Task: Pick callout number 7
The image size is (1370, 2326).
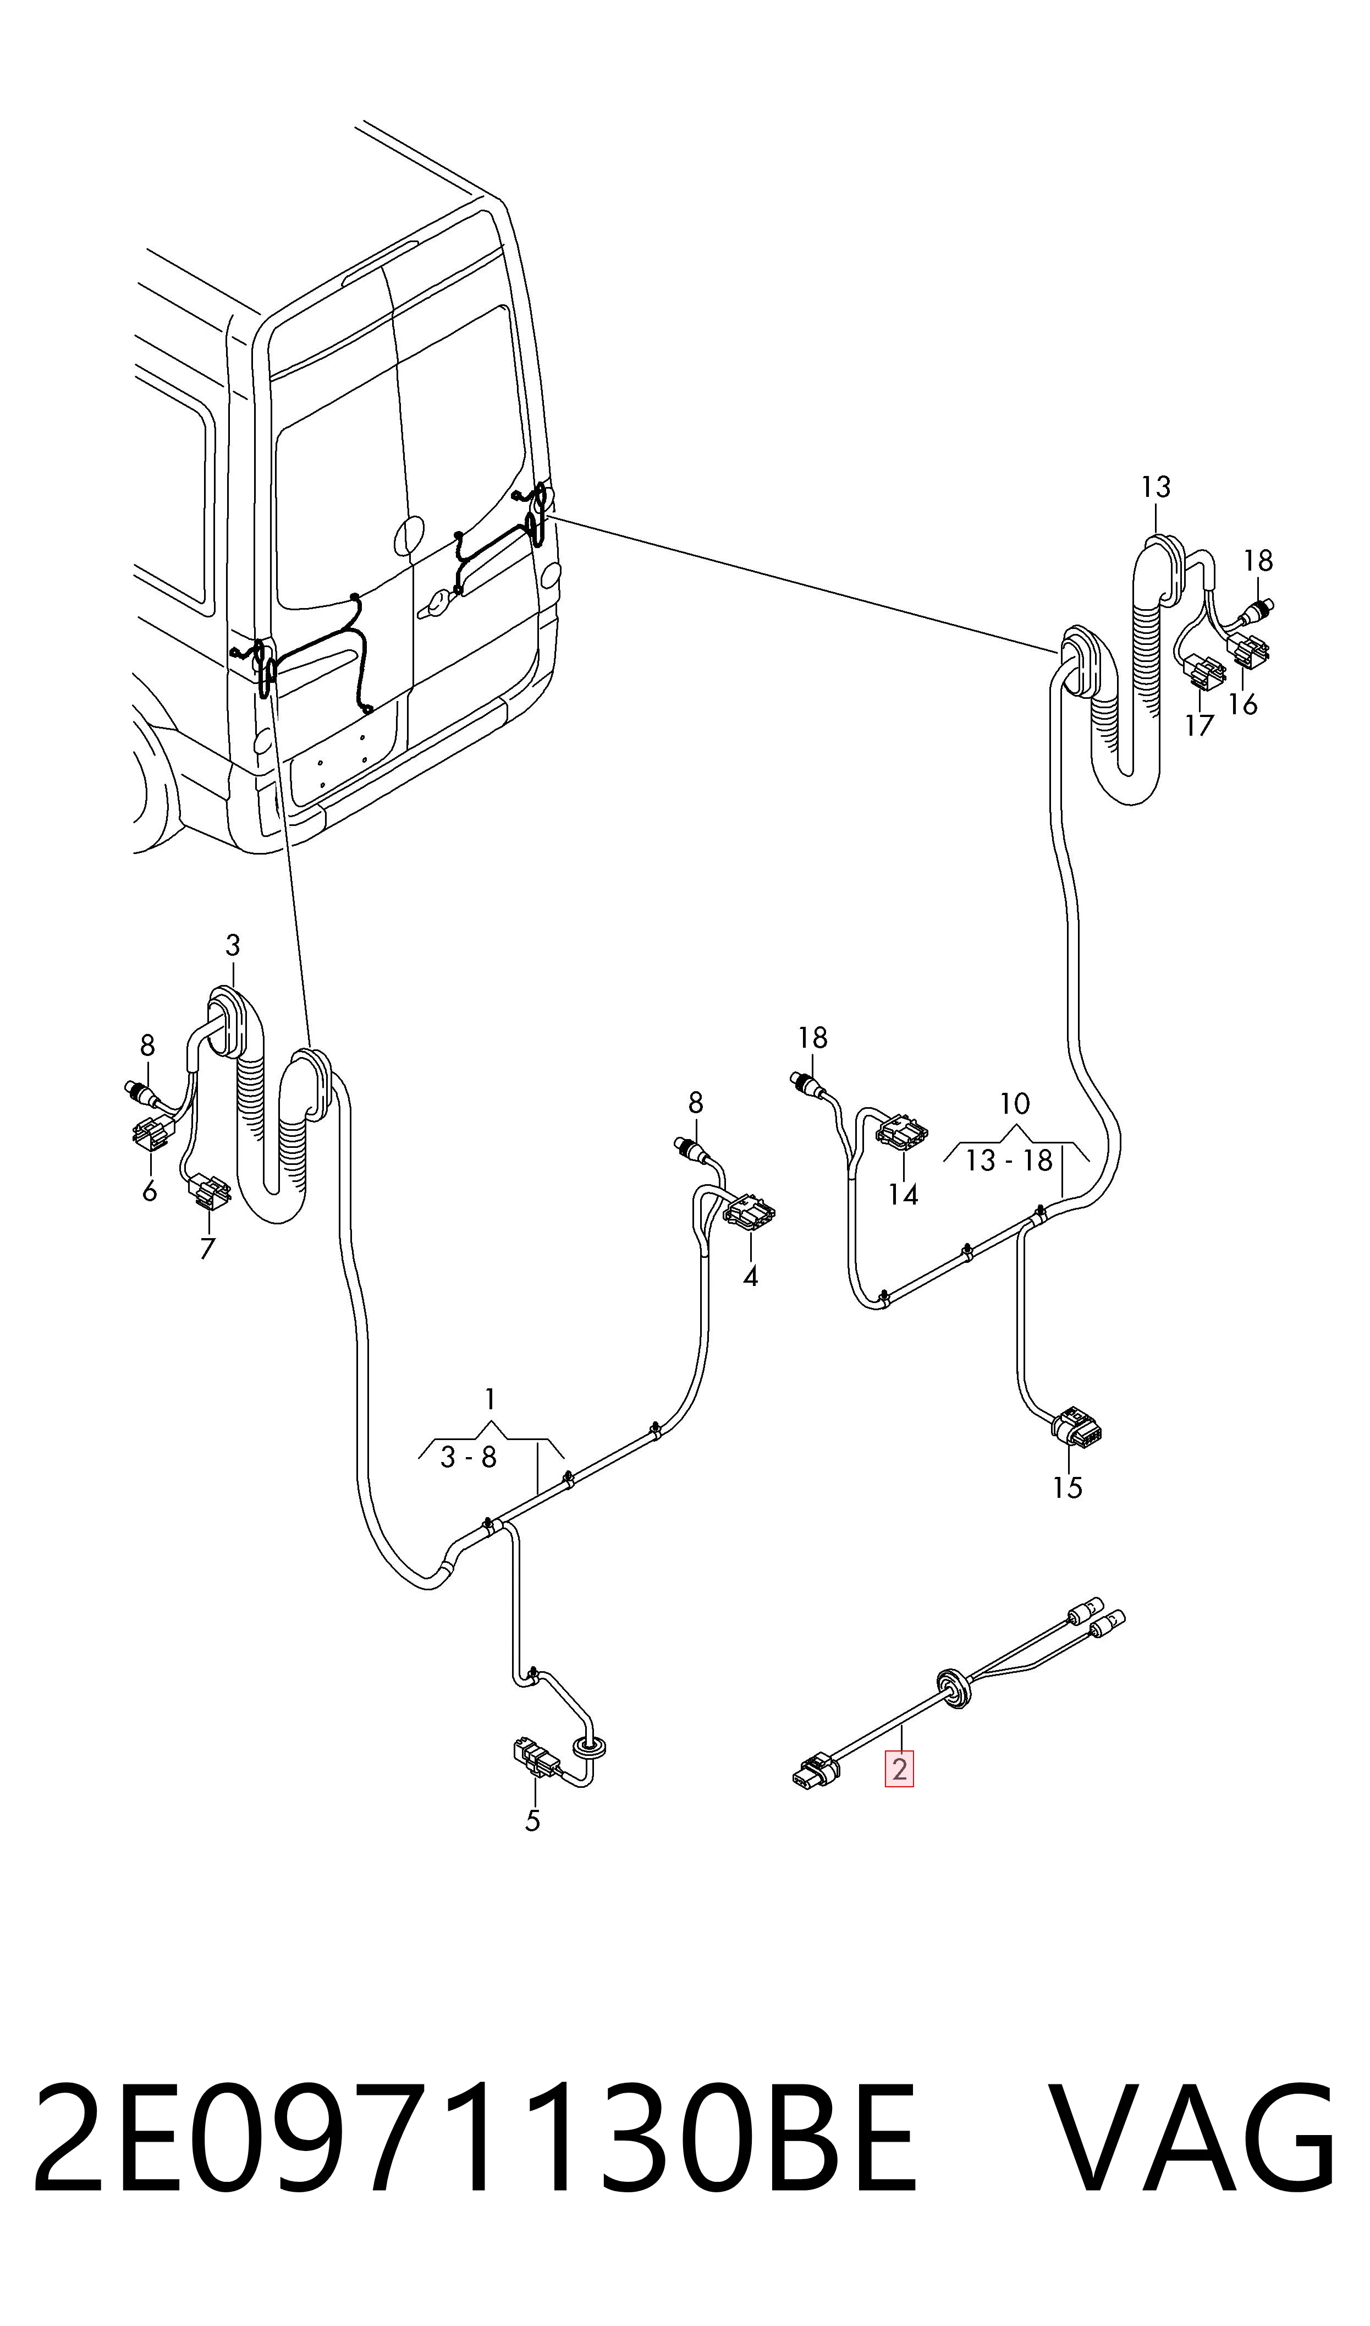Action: [208, 1249]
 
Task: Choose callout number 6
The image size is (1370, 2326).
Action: [150, 1191]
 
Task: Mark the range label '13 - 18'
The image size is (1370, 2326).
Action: [1009, 1161]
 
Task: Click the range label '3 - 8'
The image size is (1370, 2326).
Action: [469, 1458]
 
